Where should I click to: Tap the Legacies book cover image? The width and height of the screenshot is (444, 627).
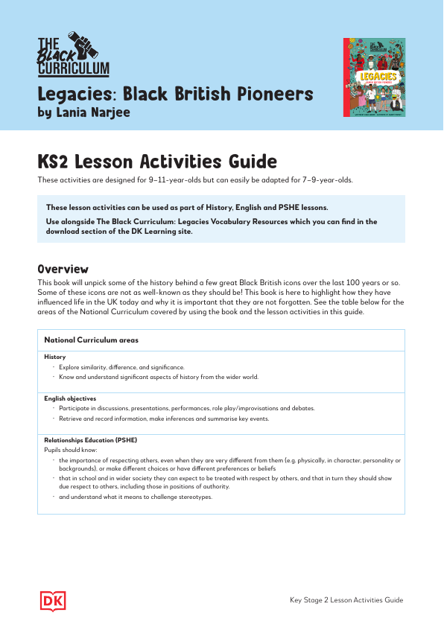(x=374, y=77)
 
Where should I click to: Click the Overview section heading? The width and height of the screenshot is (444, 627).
(x=63, y=269)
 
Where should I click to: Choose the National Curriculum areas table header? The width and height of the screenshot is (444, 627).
(x=91, y=340)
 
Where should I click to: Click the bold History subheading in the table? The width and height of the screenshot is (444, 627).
(x=55, y=357)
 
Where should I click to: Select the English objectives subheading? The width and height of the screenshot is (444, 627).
(x=70, y=398)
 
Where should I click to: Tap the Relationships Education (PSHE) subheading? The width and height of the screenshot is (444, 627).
(x=89, y=440)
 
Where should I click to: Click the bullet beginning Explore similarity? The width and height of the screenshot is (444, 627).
(x=122, y=367)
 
